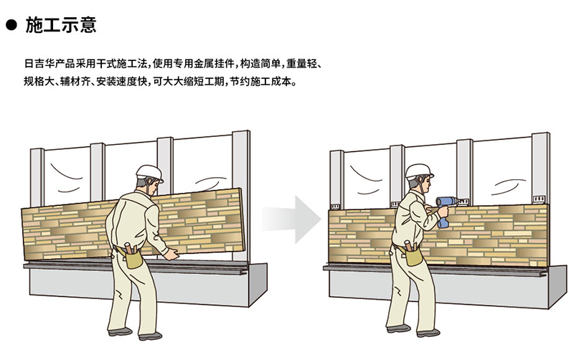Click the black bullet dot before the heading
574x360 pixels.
point(11,25)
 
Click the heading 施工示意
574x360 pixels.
point(61,25)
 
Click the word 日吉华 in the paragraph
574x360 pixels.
point(39,64)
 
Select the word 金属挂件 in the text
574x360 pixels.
point(214,64)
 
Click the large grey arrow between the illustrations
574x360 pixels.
point(291,219)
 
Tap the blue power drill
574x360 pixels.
point(446,210)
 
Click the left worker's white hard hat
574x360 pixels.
point(149,173)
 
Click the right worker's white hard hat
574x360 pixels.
point(419,171)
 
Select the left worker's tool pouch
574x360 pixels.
point(132,256)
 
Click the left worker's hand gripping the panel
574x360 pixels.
point(171,255)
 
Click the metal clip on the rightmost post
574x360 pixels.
point(539,199)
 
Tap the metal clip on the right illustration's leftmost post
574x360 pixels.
point(335,206)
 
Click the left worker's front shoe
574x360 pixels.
point(150,336)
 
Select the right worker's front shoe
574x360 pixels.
point(428,333)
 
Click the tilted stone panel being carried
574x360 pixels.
point(133,224)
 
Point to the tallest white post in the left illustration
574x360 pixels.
point(241,196)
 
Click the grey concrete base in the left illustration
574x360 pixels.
point(149,285)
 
